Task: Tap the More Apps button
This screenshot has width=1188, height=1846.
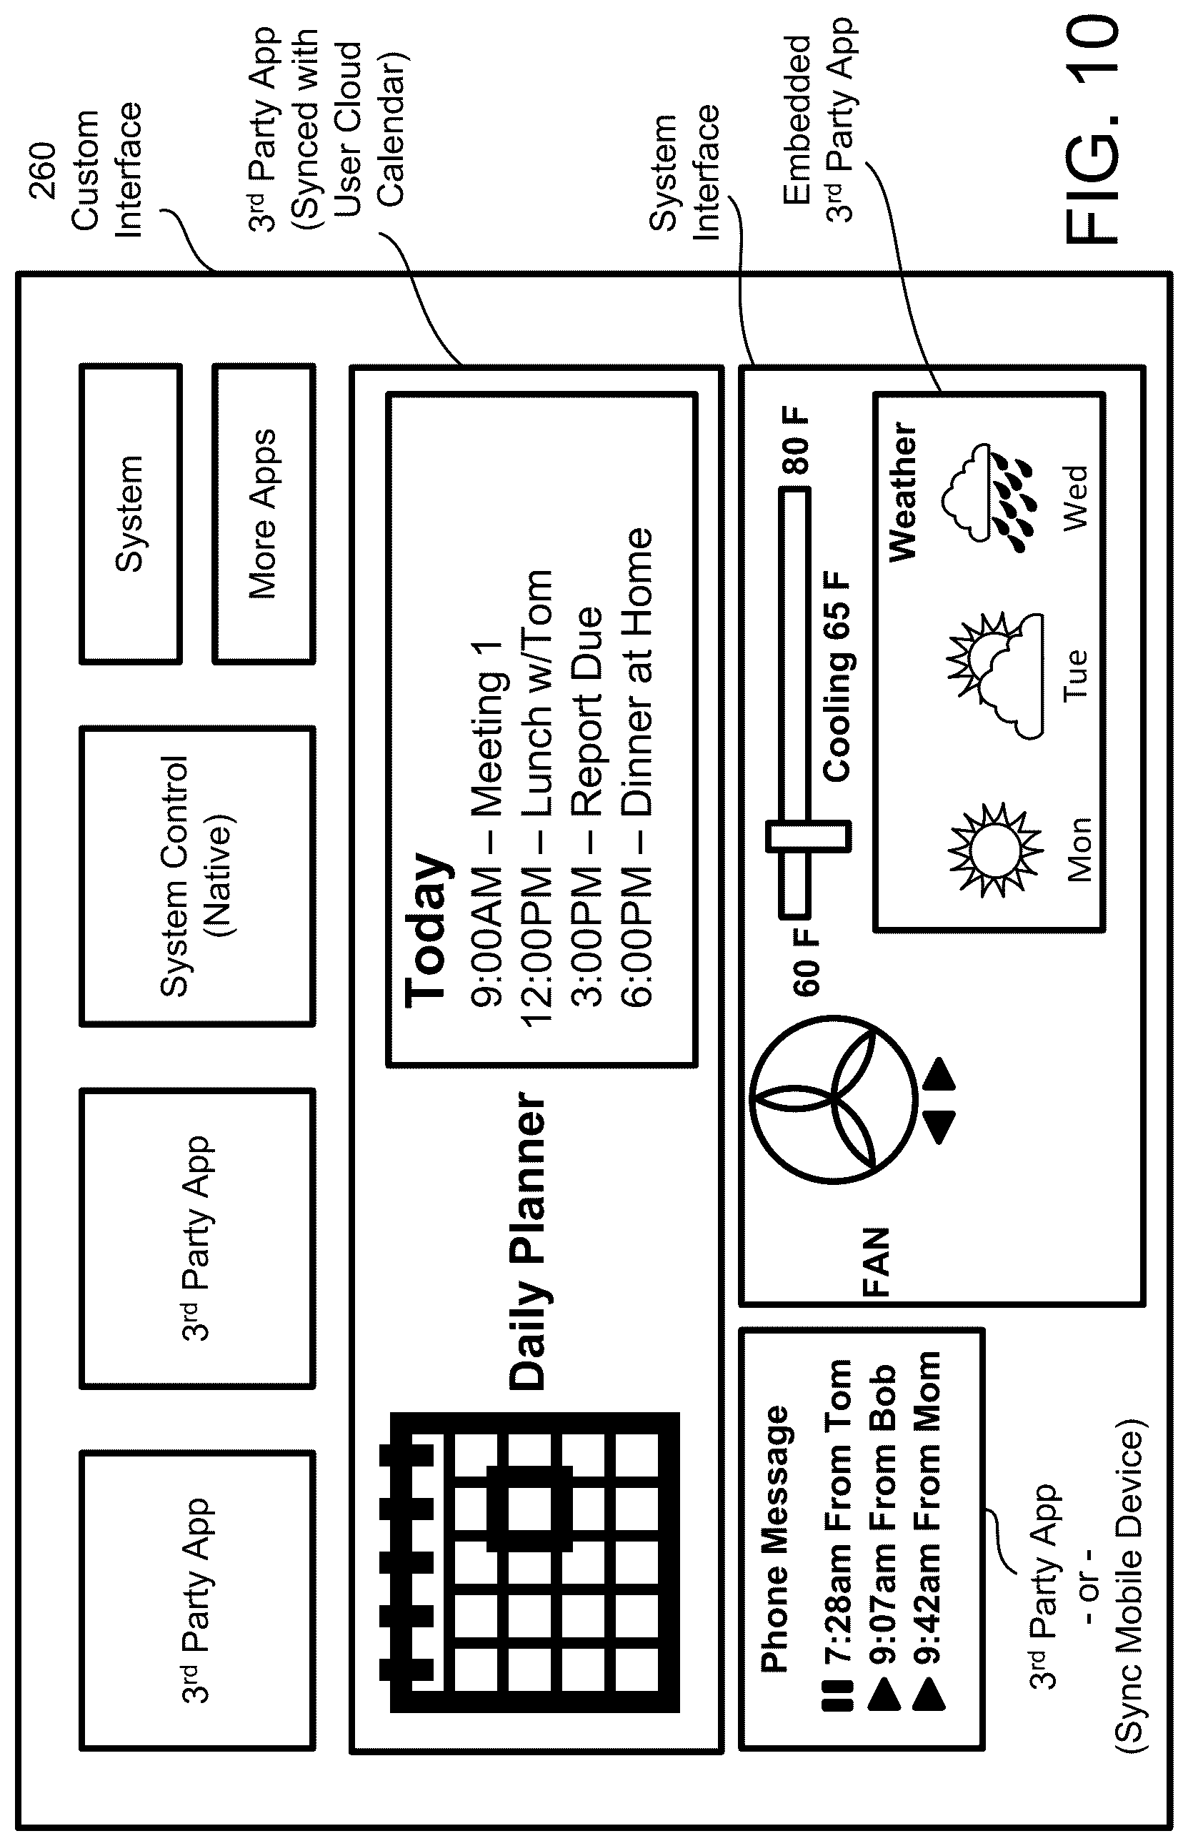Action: coord(263,514)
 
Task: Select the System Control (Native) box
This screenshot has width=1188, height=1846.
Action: coord(196,876)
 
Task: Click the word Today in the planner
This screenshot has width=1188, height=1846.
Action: coord(426,929)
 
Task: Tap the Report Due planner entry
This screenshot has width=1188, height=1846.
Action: coord(587,806)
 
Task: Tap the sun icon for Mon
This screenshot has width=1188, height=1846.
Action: coord(994,849)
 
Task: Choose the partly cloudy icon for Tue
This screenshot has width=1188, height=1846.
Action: coord(995,675)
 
